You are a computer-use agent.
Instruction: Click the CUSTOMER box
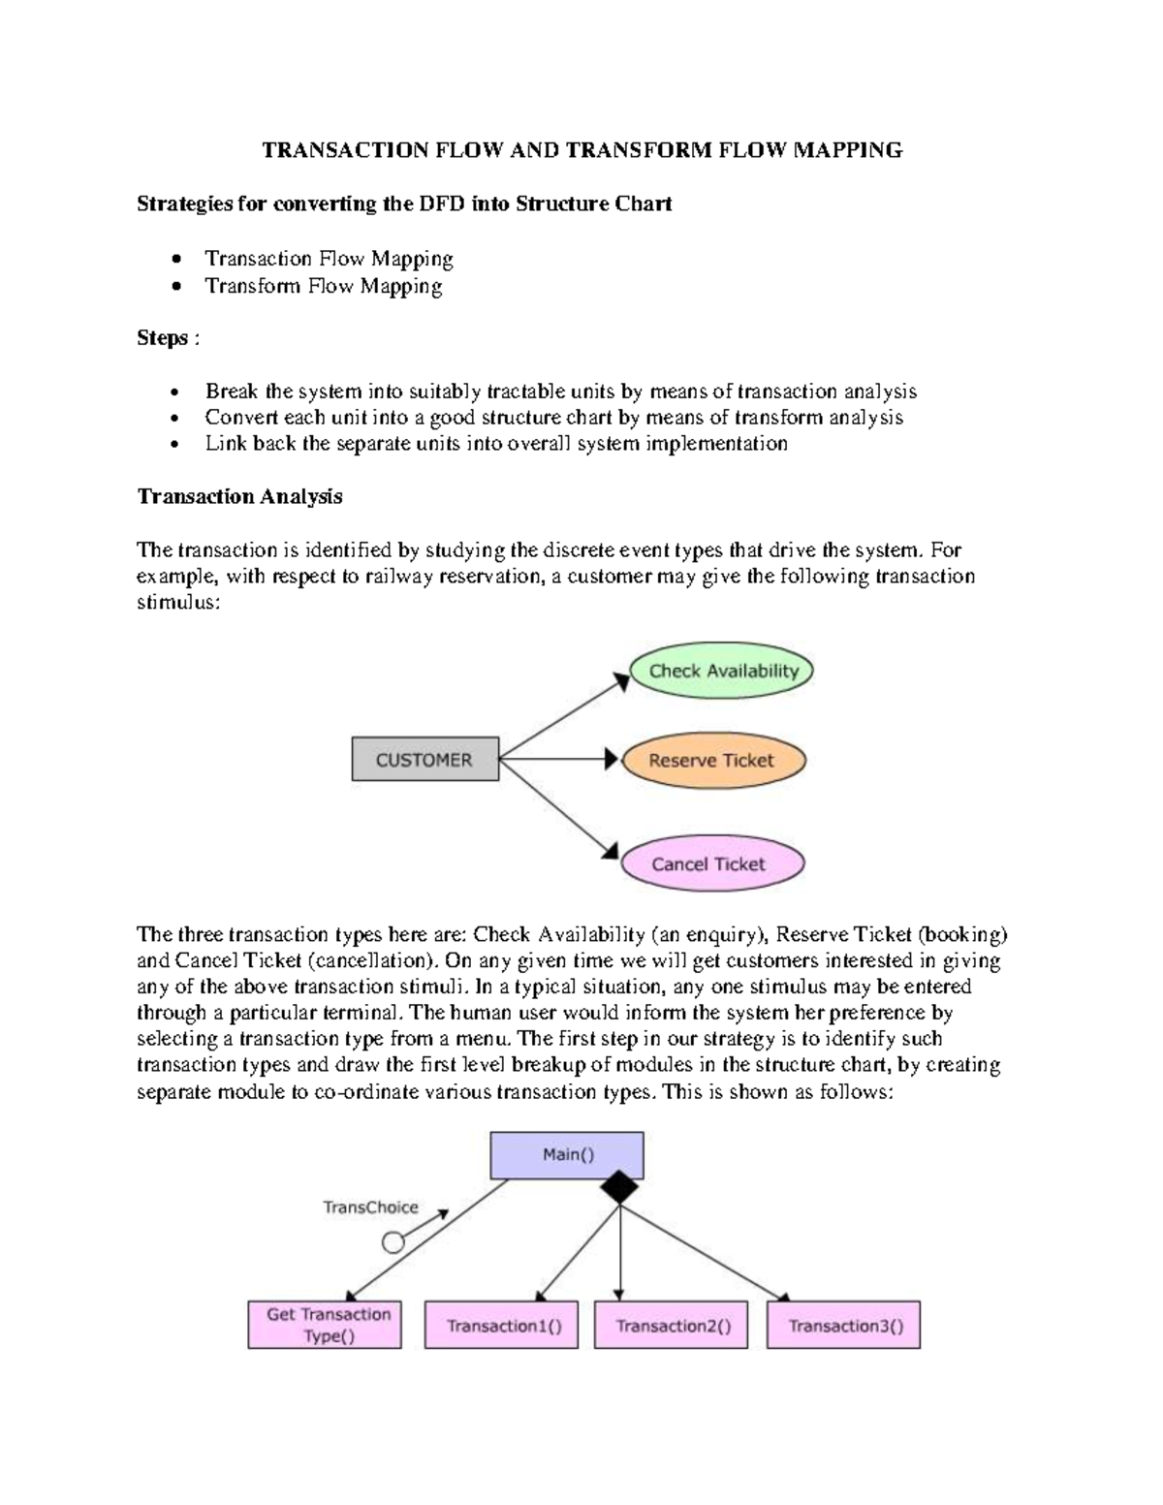(424, 760)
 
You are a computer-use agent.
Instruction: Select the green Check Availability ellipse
(722, 671)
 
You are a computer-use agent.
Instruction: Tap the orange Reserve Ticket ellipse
(712, 761)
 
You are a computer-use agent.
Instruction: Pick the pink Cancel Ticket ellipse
(711, 863)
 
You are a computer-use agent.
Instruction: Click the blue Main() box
(567, 1155)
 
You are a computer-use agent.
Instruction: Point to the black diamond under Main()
(619, 1186)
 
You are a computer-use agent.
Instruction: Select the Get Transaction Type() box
(325, 1325)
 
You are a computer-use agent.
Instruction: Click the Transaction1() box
(502, 1326)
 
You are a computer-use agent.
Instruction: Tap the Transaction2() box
(671, 1326)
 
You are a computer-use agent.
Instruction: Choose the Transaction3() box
(843, 1326)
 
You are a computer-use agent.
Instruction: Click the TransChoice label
(370, 1207)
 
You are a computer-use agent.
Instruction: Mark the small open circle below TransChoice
(393, 1242)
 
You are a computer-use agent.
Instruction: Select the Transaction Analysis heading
(239, 496)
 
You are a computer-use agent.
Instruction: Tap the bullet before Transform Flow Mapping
(174, 287)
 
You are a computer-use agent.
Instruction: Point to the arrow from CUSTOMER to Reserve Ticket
(557, 759)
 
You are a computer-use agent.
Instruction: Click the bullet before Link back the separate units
(174, 445)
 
